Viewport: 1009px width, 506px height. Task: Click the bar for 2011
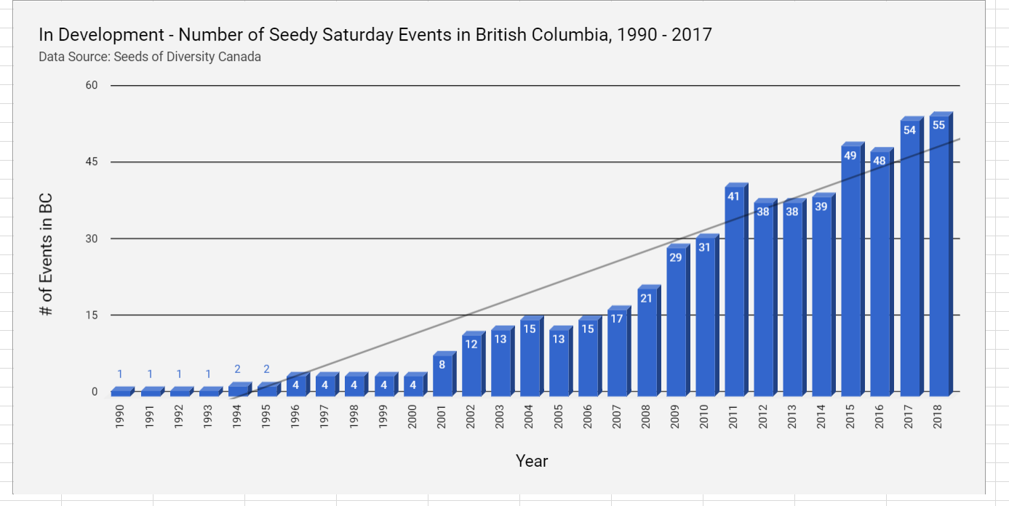point(735,291)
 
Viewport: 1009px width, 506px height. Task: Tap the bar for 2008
point(647,342)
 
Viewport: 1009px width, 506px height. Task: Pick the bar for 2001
point(442,375)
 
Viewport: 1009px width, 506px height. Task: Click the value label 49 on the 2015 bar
point(850,156)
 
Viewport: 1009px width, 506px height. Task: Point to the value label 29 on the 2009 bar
point(675,257)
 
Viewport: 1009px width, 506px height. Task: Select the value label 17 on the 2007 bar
point(617,318)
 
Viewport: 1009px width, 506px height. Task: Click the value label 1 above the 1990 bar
point(121,374)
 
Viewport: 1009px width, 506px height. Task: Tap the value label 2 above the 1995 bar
point(267,369)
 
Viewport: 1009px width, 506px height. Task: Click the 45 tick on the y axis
point(92,162)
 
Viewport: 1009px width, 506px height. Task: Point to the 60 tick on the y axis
point(92,86)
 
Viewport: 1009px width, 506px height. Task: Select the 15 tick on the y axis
point(92,316)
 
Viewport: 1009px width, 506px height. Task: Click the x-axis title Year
point(532,461)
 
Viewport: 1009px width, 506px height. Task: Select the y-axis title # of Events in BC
point(47,254)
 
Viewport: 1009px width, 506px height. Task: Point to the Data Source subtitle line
point(150,57)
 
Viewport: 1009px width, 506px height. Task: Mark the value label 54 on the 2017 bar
point(909,130)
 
